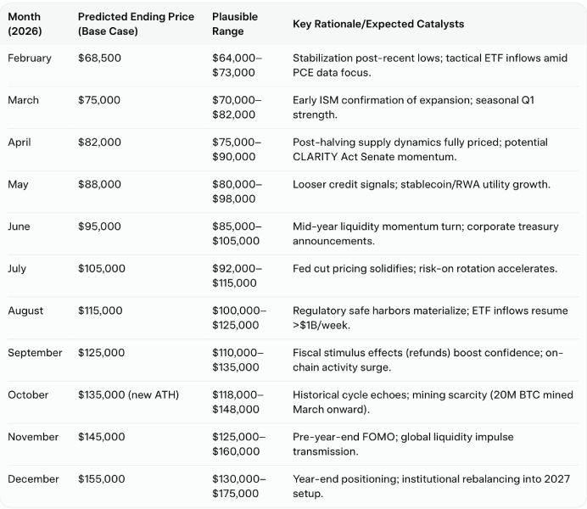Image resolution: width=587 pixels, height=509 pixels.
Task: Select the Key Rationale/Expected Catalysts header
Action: point(377,24)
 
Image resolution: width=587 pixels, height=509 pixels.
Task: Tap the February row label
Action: point(30,59)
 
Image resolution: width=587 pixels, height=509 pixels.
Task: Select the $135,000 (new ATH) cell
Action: point(127,394)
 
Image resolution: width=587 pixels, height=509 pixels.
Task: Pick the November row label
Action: point(33,437)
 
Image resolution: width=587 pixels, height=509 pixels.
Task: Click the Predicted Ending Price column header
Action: point(136,24)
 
